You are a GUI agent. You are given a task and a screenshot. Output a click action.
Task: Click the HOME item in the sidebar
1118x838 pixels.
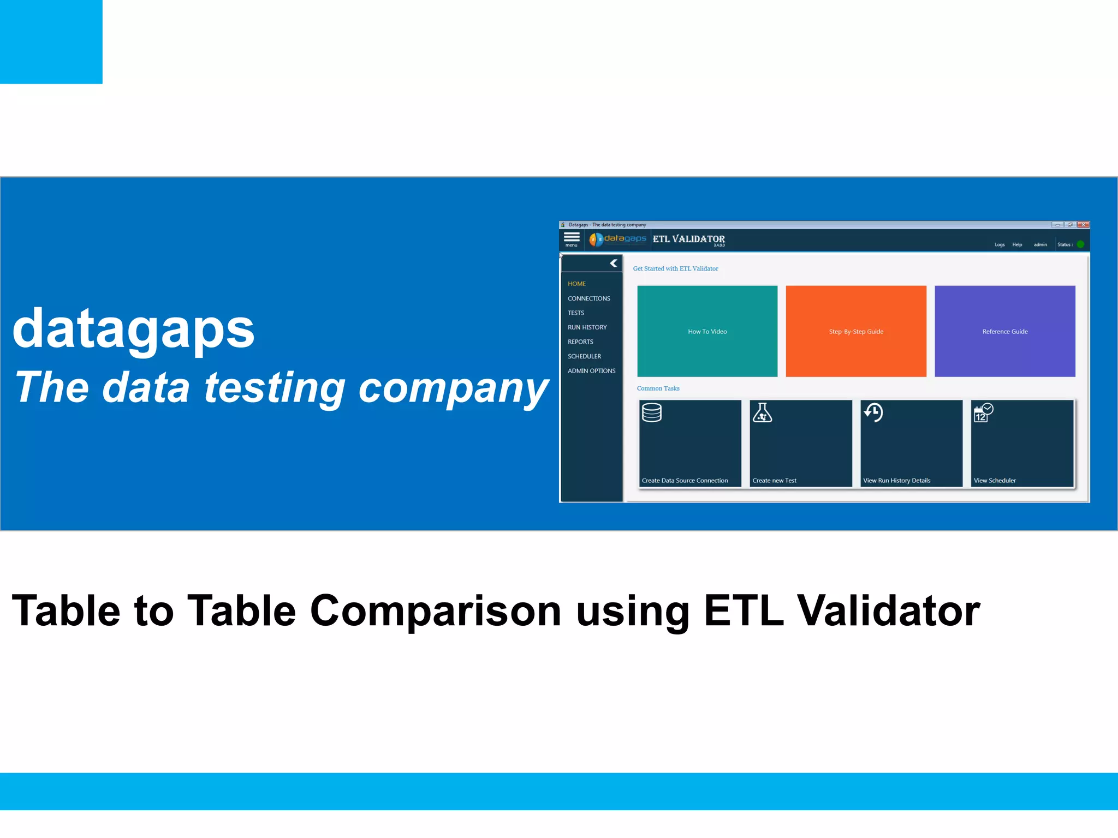coord(576,284)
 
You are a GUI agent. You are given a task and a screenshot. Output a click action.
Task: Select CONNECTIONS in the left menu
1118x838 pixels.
coord(588,298)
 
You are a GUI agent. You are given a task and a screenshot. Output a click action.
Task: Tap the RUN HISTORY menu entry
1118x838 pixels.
coord(587,327)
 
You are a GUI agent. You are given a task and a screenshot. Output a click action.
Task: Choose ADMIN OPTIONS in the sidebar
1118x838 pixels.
coord(591,371)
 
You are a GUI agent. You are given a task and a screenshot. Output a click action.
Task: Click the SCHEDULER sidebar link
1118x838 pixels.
coord(584,356)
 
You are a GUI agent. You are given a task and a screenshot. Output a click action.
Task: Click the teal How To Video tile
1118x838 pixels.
coord(707,331)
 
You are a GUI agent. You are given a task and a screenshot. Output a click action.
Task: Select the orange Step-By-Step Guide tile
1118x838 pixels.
coord(855,331)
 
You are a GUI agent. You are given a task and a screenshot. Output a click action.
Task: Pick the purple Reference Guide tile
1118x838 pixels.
coord(1004,331)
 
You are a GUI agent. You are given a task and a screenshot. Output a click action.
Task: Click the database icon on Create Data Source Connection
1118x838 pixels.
coord(652,413)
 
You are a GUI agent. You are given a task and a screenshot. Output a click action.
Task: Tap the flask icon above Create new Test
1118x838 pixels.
coord(762,413)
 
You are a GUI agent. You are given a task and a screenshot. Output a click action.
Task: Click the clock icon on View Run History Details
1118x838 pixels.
coord(873,412)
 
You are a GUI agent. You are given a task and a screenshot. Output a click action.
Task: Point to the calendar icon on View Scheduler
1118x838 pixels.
coord(983,413)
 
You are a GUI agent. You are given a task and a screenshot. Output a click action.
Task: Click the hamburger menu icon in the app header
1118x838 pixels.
coord(572,237)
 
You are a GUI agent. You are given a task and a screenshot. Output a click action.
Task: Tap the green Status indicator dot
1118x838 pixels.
coord(1080,244)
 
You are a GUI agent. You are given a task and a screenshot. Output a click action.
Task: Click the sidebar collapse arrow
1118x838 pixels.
coord(614,264)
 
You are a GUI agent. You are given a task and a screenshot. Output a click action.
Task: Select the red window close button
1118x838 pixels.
coord(1083,225)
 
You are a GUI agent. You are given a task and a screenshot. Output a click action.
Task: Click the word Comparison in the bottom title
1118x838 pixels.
coord(435,610)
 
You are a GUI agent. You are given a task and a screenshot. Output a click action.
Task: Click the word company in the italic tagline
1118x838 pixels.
coord(453,388)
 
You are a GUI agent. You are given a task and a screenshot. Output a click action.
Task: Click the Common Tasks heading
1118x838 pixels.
coord(658,388)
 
